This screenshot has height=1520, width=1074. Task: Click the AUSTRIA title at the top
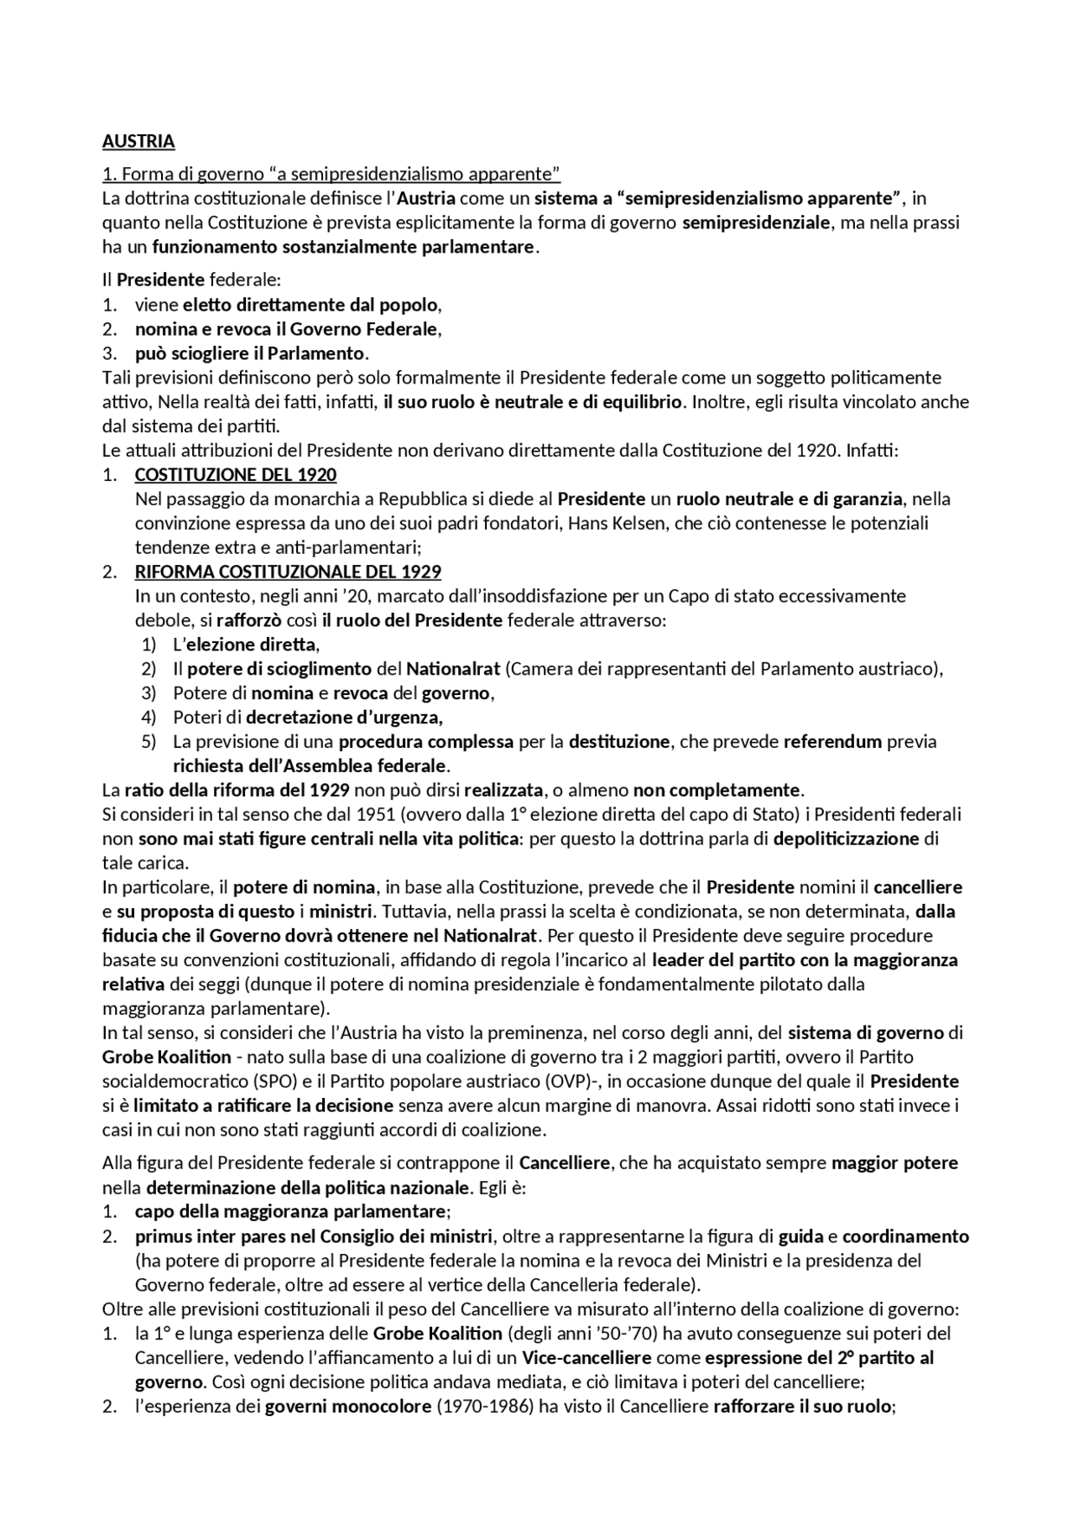[x=138, y=141]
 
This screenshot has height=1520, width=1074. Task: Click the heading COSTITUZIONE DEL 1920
[x=235, y=475]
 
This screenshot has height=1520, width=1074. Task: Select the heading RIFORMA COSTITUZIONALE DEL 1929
[x=288, y=572]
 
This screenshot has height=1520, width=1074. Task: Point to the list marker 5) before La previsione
[x=149, y=742]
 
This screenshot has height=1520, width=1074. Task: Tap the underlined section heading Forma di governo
[x=331, y=175]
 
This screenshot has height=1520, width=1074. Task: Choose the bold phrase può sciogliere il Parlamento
[x=250, y=353]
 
